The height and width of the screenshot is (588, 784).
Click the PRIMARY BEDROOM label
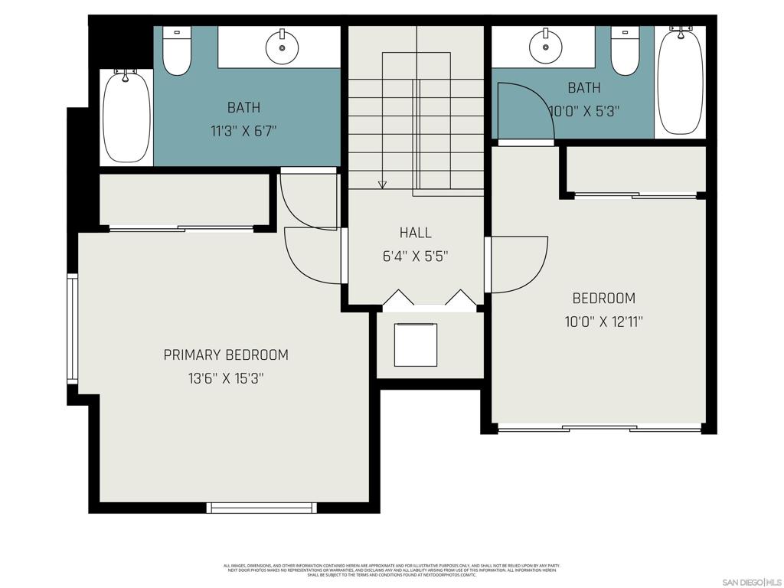coord(226,355)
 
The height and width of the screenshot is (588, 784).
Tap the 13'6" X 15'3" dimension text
coord(226,378)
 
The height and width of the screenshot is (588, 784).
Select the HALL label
coord(415,233)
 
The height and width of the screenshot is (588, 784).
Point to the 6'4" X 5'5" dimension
coord(415,256)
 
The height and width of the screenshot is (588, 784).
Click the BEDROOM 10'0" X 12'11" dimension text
coord(603,322)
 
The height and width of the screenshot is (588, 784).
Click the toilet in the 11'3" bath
coord(177,53)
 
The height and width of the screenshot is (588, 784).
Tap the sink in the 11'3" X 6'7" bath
coord(282,47)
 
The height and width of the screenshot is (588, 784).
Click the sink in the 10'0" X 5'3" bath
coord(546,47)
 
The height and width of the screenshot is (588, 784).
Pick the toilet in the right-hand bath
coord(625,53)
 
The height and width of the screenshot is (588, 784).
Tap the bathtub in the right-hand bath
coord(680,80)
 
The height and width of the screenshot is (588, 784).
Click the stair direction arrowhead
coord(382,184)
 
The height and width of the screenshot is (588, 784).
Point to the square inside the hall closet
coord(416,345)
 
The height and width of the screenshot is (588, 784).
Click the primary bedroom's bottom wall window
coord(263,507)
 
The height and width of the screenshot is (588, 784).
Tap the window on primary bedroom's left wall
coord(72,328)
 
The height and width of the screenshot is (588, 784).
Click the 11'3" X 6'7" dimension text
coord(243,131)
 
